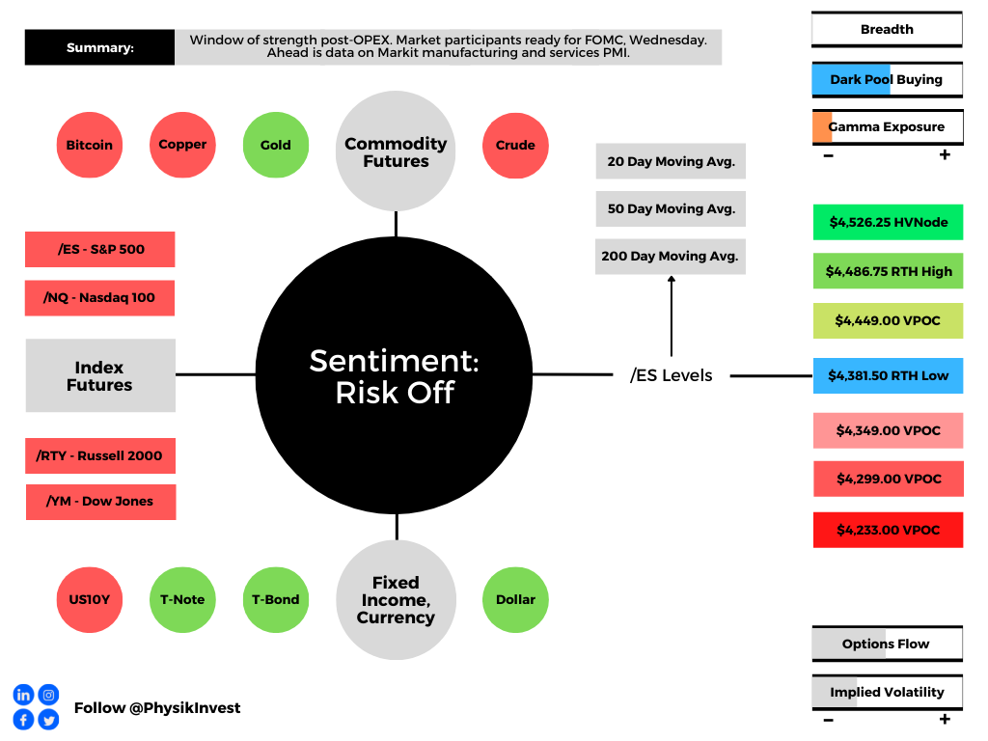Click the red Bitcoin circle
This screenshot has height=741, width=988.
90,145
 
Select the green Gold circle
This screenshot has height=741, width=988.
276,145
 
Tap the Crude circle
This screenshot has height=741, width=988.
515,146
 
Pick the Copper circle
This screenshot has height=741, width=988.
182,145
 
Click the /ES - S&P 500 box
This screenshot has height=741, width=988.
100,250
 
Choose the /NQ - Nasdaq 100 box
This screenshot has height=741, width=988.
99,297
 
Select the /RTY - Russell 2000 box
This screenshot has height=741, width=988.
100,455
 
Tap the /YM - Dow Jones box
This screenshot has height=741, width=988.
100,502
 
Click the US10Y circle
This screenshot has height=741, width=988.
90,600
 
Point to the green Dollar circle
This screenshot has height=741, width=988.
515,600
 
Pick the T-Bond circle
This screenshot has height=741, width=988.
276,600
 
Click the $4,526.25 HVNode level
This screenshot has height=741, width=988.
889,223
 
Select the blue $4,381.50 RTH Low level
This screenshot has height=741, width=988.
889,375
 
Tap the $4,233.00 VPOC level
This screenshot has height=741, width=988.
889,530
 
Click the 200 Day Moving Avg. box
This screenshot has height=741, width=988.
671,257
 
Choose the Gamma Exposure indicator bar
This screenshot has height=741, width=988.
888,127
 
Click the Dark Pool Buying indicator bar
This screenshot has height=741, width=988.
888,80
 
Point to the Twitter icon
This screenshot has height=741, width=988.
48,720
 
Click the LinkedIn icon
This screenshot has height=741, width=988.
23,695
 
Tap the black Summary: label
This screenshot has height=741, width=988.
99,47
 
